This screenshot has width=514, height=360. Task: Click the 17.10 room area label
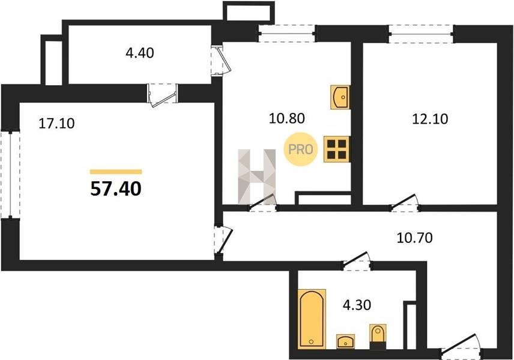point(56,124)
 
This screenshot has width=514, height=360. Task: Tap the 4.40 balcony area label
point(140,53)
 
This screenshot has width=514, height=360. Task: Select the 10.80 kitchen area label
point(286,118)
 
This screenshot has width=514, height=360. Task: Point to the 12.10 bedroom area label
point(430,119)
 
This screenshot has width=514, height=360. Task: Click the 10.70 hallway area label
point(415,238)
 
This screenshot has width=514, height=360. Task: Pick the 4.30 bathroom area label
point(357,305)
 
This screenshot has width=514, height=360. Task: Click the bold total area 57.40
point(116,189)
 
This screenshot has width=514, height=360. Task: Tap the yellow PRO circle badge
point(301,149)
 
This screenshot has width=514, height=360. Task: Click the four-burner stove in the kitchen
point(337,149)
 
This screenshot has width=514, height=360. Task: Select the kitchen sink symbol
point(340,97)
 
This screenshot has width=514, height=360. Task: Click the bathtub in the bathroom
point(312,319)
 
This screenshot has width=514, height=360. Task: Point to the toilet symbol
point(378,337)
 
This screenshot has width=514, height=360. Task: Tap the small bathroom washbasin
point(345,341)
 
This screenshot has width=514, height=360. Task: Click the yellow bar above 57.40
point(116,172)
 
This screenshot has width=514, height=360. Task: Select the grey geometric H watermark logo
point(256,176)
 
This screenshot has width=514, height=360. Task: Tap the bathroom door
point(357,261)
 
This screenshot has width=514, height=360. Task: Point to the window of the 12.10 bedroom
point(422,34)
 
